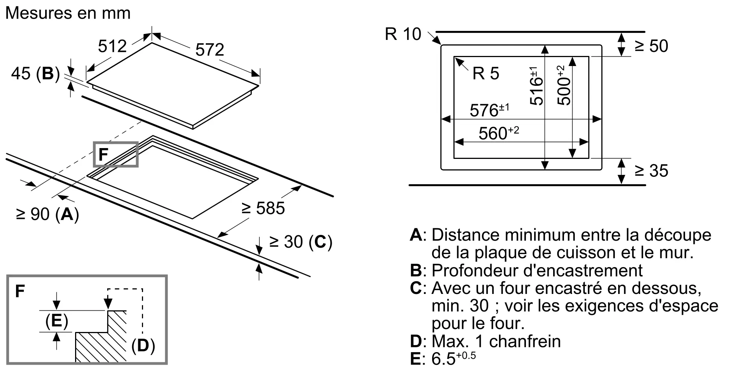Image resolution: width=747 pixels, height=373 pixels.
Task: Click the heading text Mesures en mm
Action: pos(68,13)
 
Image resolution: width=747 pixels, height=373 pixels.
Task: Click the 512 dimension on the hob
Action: pos(112,46)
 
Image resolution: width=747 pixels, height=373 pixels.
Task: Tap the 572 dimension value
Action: pos(210,50)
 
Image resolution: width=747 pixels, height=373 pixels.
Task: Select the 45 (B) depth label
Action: pos(35,73)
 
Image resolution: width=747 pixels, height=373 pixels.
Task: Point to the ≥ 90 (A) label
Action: pos(47,214)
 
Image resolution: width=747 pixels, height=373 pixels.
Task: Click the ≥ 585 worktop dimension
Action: pos(263,208)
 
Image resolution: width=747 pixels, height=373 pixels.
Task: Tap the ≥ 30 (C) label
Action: pos(301,242)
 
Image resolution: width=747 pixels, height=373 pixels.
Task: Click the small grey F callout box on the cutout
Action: pos(116,154)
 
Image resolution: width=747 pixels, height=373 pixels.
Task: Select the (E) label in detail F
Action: pos(56,321)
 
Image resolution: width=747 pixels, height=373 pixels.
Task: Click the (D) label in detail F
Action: pos(143,345)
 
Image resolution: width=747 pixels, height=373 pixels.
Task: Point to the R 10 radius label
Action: pos(403,34)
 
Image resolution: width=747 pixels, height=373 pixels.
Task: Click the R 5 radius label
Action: pos(486,73)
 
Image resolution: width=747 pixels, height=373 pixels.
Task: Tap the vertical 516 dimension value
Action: pos(536,86)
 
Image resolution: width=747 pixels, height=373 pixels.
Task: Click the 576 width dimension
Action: pos(489,110)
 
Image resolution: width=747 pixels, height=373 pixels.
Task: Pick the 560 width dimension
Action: pos(499,133)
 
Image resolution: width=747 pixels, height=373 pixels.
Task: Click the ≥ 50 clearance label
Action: pos(651,46)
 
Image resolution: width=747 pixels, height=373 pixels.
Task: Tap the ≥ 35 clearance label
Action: pos(651,171)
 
